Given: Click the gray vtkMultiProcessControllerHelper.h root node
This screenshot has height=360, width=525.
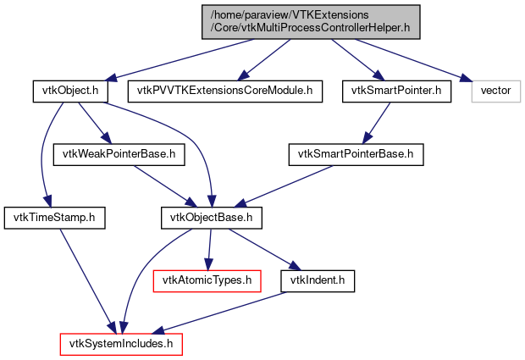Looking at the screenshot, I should pos(311,20).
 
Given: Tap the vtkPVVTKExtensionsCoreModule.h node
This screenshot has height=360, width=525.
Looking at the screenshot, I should pos(225,90).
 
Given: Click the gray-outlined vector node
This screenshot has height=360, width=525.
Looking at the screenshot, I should pos(495,90).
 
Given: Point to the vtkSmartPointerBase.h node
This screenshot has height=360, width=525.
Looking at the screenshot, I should pos(356,154).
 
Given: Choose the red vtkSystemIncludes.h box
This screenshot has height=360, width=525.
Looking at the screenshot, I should pos(120,344).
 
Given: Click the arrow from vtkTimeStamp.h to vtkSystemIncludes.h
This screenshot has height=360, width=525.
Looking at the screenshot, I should pos(85,280).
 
